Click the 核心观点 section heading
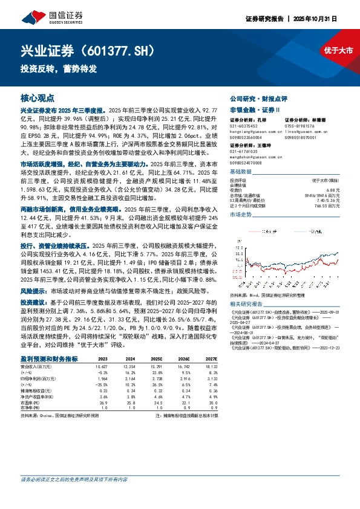point(38,97)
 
